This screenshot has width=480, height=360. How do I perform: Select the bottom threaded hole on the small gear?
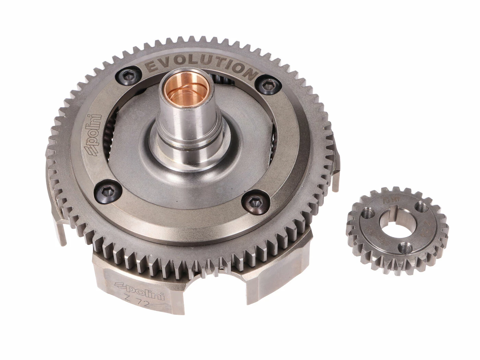pyautogui.click(x=406, y=246)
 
